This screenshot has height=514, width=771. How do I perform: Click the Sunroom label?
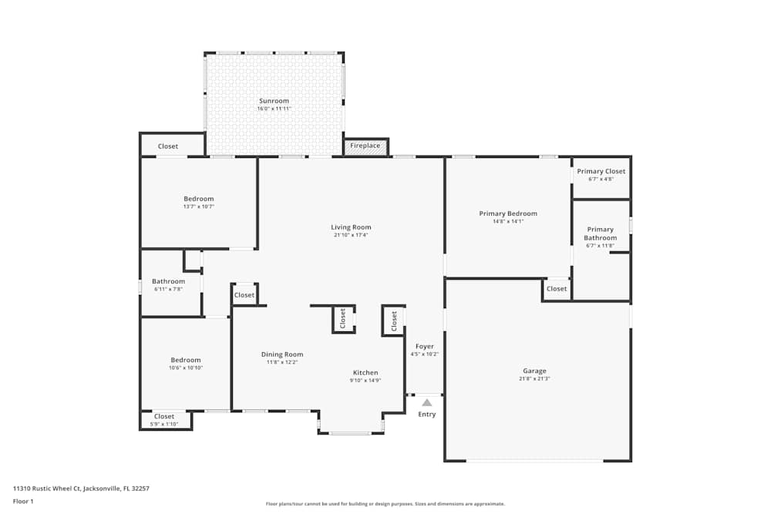tap(274, 101)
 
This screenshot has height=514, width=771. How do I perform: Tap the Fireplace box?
tap(365, 146)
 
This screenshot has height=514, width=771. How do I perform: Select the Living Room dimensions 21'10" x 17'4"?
tap(351, 235)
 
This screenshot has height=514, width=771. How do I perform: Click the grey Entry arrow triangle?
tap(426, 402)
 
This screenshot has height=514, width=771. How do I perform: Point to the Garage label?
tap(534, 371)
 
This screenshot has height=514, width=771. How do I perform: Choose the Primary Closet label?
tap(601, 171)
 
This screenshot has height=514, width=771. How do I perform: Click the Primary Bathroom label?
tap(601, 233)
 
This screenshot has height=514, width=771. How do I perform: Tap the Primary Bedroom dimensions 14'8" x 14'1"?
tap(507, 221)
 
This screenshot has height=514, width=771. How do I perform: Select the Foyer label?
tap(425, 347)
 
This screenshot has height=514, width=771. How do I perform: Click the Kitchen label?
tap(365, 372)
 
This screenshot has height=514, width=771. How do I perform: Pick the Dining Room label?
tap(281, 354)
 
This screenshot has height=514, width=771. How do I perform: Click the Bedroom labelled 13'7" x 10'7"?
tap(198, 199)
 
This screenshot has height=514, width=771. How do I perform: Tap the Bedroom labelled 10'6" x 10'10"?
tap(186, 360)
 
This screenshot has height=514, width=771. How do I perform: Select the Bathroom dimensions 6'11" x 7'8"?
tap(168, 289)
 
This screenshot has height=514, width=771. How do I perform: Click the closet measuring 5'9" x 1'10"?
tap(164, 419)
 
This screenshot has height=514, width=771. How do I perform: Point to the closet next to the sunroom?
tap(168, 146)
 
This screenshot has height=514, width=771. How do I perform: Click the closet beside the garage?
tap(557, 289)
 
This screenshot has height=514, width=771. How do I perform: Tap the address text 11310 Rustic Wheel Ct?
tap(81, 488)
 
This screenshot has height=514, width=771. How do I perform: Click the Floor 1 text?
tap(23, 501)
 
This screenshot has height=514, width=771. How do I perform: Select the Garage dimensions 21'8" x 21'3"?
tap(534, 378)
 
